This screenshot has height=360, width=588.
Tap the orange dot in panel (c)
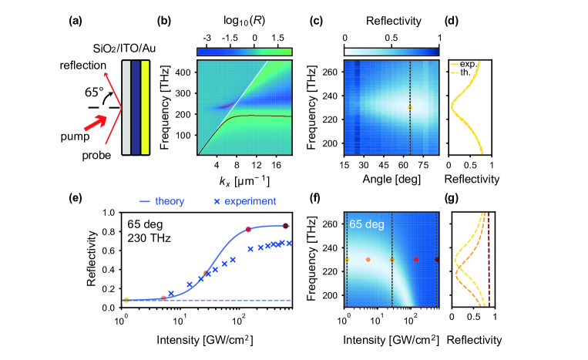coord(409,107)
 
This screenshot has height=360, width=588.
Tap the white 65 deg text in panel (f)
coord(368,224)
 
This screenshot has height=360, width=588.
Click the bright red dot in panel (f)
coord(415,260)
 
